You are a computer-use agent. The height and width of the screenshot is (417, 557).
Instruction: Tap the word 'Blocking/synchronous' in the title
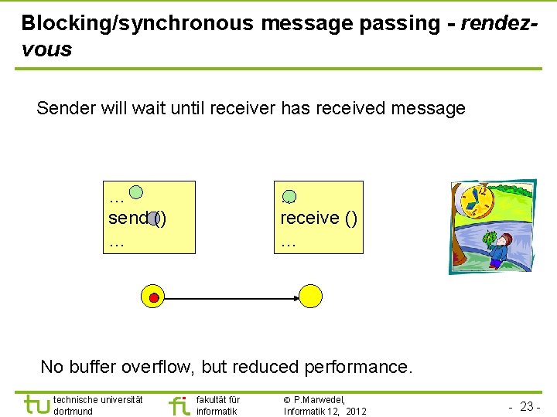tap(137, 23)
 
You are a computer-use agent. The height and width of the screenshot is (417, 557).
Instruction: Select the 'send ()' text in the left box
tap(137, 218)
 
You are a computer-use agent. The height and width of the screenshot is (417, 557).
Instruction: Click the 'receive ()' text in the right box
tap(319, 218)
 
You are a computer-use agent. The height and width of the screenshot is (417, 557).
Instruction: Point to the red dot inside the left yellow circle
tap(154, 297)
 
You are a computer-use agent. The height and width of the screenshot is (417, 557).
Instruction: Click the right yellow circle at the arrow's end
tap(310, 296)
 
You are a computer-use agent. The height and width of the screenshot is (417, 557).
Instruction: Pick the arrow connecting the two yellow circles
tap(232, 297)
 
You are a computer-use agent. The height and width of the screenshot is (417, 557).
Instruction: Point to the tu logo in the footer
tap(36, 404)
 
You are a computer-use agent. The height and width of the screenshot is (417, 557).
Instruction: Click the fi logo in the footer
tap(179, 404)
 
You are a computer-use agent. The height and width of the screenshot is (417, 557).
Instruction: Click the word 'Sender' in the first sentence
tap(66, 108)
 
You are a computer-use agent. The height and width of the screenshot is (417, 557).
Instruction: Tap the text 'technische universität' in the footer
tap(97, 399)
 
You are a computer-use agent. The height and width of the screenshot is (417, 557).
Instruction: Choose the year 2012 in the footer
tap(355, 411)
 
